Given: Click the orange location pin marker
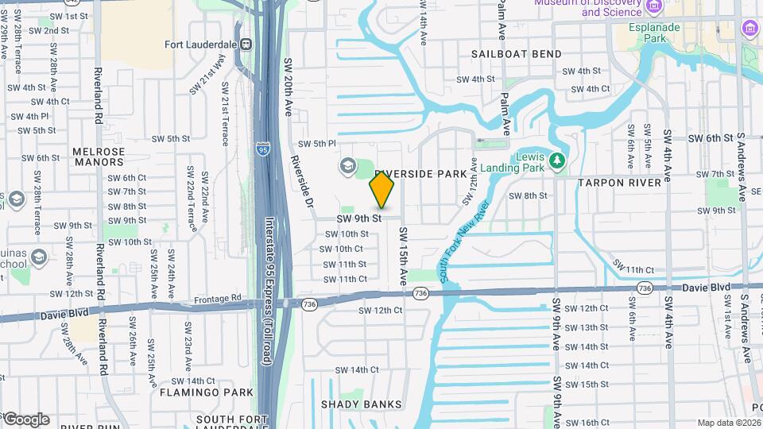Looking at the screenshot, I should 381,189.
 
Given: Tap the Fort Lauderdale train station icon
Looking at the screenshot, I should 246,44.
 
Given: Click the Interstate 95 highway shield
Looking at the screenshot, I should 263,148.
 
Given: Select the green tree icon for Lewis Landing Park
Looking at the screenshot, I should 557,161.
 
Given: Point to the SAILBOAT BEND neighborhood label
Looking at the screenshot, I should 516,54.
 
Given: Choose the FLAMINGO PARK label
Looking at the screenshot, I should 195,392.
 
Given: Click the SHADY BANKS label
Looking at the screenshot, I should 362,404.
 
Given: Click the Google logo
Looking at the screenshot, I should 25,419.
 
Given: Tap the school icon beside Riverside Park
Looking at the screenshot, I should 347,166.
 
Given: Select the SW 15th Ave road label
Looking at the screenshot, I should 403,257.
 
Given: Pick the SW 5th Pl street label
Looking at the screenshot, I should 317,144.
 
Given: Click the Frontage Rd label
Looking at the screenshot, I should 217,299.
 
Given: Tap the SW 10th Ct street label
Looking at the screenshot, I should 343,249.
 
